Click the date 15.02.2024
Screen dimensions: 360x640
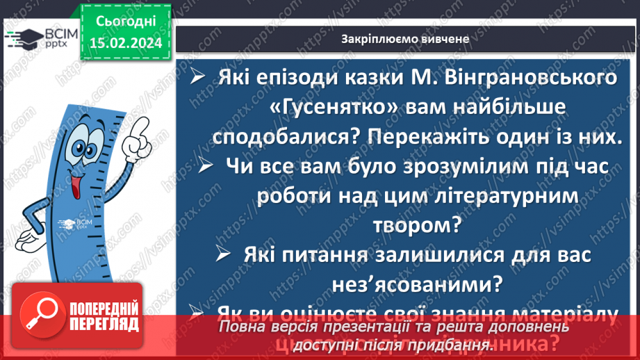point(125,43)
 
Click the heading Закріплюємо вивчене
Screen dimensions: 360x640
point(405,39)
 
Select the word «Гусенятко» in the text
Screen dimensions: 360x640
point(333,107)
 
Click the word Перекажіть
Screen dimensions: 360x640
point(441,136)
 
